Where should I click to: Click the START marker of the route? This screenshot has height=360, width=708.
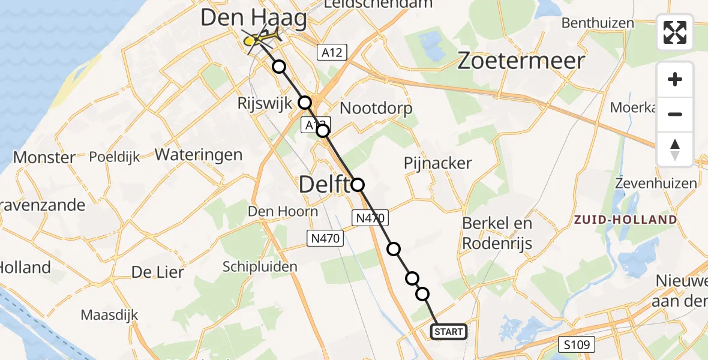pyautogui.click(x=448, y=332)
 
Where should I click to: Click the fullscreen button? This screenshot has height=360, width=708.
pyautogui.click(x=675, y=32)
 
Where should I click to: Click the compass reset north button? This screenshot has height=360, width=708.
pyautogui.click(x=675, y=149)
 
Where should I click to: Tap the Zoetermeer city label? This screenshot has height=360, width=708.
pyautogui.click(x=521, y=61)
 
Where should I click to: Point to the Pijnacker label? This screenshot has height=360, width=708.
pyautogui.click(x=437, y=163)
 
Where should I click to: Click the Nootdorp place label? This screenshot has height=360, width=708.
pyautogui.click(x=376, y=109)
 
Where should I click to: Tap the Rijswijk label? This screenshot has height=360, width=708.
pyautogui.click(x=265, y=103)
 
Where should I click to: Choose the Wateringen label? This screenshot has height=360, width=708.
pyautogui.click(x=199, y=155)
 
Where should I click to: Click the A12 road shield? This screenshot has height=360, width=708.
pyautogui.click(x=331, y=53)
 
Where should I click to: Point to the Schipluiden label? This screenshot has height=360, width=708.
pyautogui.click(x=260, y=266)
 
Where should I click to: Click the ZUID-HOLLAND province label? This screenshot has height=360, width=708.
pyautogui.click(x=625, y=220)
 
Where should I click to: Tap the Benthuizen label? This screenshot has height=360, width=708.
pyautogui.click(x=598, y=23)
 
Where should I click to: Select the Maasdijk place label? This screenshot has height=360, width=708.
pyautogui.click(x=110, y=314)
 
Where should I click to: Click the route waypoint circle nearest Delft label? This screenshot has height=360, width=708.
pyautogui.click(x=358, y=184)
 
